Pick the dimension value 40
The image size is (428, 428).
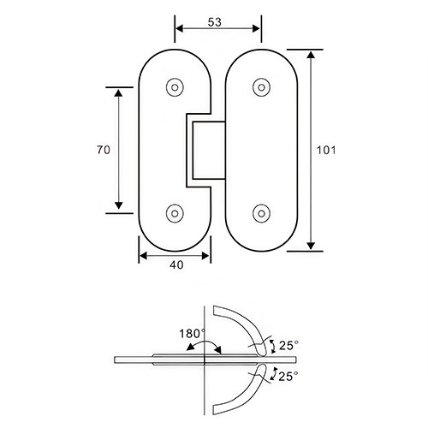176,265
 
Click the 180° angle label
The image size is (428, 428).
191,332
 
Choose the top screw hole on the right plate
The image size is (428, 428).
260,86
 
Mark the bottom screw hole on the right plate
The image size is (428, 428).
260,212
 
